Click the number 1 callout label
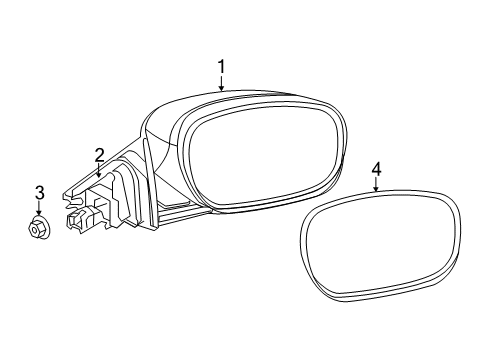[x=222, y=67]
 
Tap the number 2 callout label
[x=100, y=155]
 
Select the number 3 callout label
[x=39, y=191]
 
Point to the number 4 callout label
[x=376, y=171]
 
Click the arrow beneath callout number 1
[x=222, y=84]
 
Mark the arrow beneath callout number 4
[x=376, y=188]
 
